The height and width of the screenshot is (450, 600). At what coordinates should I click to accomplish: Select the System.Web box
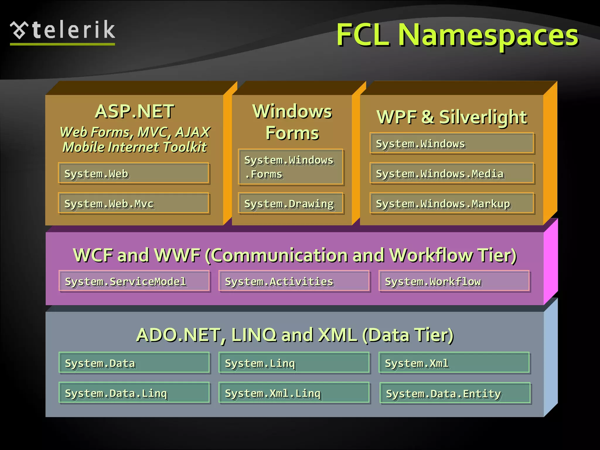coord(134,173)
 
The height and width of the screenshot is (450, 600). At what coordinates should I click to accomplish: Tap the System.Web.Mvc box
coord(134,203)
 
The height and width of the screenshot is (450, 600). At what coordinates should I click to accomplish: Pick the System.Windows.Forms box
coord(291,167)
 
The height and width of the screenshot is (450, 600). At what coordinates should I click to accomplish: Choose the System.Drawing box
coord(291,203)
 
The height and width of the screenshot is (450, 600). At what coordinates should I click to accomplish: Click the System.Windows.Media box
coord(452,173)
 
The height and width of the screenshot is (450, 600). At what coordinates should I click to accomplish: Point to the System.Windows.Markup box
coord(452,203)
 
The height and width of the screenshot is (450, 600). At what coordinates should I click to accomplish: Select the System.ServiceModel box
coord(134,281)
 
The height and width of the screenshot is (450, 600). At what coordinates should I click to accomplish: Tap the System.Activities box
coord(294,281)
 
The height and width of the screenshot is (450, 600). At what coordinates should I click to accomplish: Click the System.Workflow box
coord(454,281)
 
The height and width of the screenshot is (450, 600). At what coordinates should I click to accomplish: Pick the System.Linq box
coord(294,363)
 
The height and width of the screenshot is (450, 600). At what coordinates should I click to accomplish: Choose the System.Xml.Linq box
coord(294,393)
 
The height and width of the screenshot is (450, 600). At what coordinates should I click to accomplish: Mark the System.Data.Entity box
coord(455,393)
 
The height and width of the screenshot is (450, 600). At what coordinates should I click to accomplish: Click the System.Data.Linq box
coord(134,393)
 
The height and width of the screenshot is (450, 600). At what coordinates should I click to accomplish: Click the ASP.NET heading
coord(135,112)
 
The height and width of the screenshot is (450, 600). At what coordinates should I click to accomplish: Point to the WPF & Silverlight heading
coord(452,117)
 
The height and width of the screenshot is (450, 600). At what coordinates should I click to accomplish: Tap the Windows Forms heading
coord(292,122)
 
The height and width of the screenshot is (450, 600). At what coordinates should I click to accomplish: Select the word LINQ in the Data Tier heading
coord(254,335)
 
